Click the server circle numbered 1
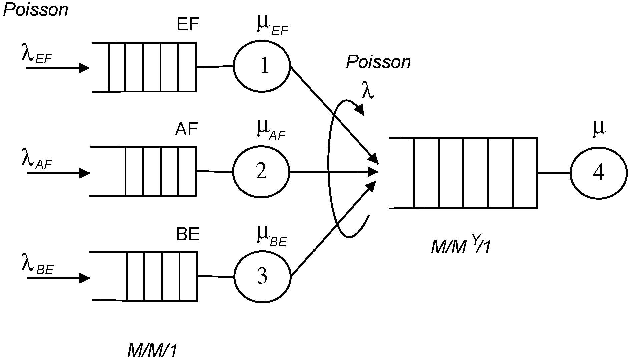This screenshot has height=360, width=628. (262, 66)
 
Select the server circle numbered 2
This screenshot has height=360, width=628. (261, 172)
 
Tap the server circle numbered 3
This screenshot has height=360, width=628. (262, 276)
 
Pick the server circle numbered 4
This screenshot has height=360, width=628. (599, 173)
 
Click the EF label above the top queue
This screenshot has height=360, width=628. (188, 24)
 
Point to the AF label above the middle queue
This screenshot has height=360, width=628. (186, 129)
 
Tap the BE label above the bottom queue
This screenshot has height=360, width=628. (188, 234)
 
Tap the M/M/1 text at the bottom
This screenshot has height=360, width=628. (152, 351)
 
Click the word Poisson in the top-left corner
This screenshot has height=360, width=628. (35, 10)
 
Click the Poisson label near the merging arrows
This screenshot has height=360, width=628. (378, 62)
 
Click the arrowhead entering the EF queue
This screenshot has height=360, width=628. (84, 68)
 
